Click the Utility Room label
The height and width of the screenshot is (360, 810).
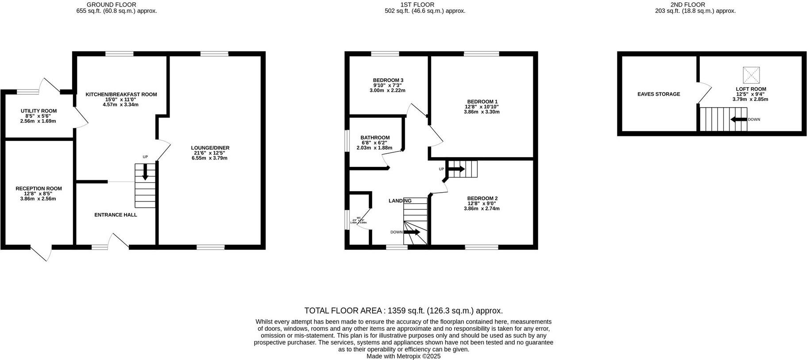click(x=39, y=111)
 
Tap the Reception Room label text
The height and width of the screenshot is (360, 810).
click(x=39, y=188)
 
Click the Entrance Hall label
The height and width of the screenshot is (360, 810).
click(x=116, y=215)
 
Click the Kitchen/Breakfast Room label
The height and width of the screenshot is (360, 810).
click(x=121, y=94)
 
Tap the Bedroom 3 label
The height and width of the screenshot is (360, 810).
click(x=388, y=80)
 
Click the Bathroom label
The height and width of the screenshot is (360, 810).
click(x=375, y=137)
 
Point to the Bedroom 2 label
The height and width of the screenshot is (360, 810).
click(x=482, y=198)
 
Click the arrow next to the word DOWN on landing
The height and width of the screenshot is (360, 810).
click(x=412, y=232)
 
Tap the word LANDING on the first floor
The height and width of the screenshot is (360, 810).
click(x=400, y=201)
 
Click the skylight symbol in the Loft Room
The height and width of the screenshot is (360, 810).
click(x=751, y=75)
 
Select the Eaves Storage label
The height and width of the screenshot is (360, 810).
click(x=659, y=94)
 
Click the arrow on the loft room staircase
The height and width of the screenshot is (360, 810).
click(x=738, y=120)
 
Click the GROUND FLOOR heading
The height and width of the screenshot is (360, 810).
click(x=105, y=4)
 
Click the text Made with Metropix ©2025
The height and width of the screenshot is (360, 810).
click(x=403, y=356)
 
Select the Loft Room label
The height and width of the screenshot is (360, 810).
click(x=751, y=89)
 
